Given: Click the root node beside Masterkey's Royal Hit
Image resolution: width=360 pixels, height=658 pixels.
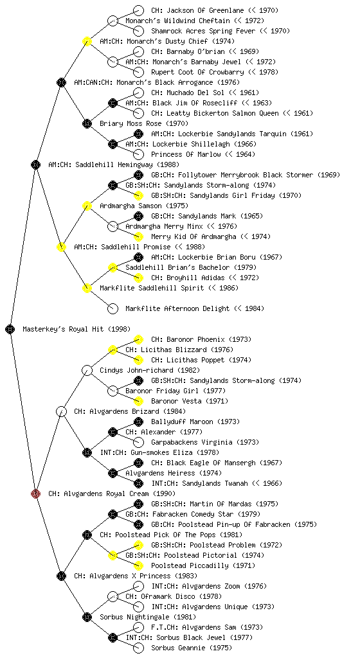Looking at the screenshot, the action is [x=10, y=329].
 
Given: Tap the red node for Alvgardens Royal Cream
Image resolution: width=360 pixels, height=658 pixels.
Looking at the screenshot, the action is [x=35, y=493].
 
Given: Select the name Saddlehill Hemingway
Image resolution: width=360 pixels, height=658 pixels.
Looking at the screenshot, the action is [x=114, y=164].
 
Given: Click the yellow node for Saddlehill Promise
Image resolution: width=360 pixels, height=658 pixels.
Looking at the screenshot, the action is [x=61, y=247].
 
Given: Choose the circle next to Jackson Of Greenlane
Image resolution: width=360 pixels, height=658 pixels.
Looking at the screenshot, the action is [x=138, y=10].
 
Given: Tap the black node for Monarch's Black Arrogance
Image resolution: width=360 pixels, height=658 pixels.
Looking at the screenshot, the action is [x=61, y=82].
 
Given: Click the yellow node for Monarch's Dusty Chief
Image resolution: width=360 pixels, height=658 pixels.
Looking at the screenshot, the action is [x=87, y=41].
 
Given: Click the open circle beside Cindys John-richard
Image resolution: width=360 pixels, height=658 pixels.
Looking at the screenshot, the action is [x=87, y=370].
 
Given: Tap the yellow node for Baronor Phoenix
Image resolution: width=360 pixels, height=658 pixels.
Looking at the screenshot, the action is [x=138, y=339].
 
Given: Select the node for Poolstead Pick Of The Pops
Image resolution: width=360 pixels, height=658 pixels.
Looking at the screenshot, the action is [x=87, y=535].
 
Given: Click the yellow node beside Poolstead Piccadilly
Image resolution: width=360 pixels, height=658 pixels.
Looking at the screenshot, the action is [x=138, y=565].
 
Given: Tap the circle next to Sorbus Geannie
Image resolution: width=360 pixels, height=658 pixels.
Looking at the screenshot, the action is [x=138, y=648].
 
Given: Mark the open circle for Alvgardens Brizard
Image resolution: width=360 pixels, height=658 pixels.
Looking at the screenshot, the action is [x=61, y=411].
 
